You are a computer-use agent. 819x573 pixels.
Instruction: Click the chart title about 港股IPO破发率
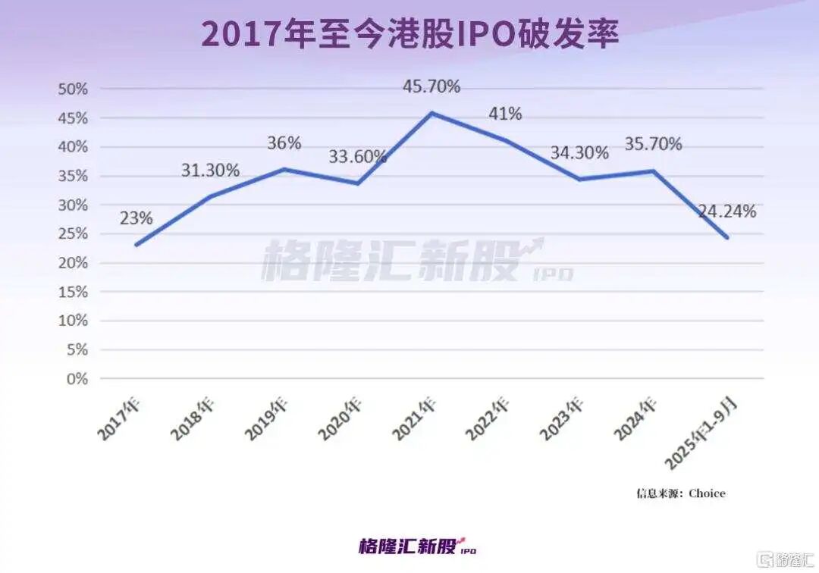[x=409, y=35]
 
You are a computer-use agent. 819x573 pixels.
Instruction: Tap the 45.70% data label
[x=431, y=86]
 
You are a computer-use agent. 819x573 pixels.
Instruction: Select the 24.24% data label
[x=726, y=211]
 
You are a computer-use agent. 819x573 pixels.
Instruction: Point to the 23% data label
[x=136, y=218]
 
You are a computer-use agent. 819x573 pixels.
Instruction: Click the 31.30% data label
[x=210, y=171]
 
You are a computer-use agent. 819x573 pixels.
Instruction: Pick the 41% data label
[x=504, y=114]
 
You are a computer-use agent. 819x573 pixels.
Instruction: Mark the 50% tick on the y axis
[x=73, y=89]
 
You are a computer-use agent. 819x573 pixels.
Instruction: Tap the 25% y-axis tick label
[x=73, y=234]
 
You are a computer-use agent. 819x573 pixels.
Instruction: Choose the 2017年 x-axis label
[x=119, y=418]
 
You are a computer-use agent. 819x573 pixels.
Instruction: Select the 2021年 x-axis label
[x=414, y=418]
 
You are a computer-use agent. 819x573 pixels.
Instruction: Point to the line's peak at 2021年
[x=431, y=113]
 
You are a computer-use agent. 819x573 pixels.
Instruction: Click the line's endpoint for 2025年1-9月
[x=727, y=237]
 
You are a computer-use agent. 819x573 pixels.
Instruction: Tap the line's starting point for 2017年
[x=136, y=245]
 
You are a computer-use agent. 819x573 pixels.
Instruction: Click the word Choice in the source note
[x=707, y=493]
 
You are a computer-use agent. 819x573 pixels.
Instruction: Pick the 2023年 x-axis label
[x=562, y=418]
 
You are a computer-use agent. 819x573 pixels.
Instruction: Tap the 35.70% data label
[x=653, y=143]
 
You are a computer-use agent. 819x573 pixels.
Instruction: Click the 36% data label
[x=284, y=142]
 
